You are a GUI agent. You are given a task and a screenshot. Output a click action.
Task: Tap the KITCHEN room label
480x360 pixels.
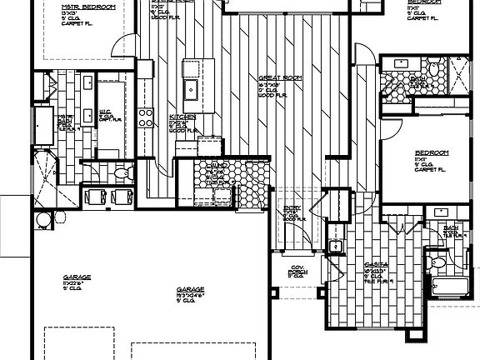point(182,117)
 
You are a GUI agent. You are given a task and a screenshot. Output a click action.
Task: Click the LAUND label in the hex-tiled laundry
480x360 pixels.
point(218,167)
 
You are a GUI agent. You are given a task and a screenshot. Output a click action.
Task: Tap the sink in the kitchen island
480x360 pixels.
point(191,88)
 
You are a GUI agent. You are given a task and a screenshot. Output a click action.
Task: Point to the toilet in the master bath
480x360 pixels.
point(122,173)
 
